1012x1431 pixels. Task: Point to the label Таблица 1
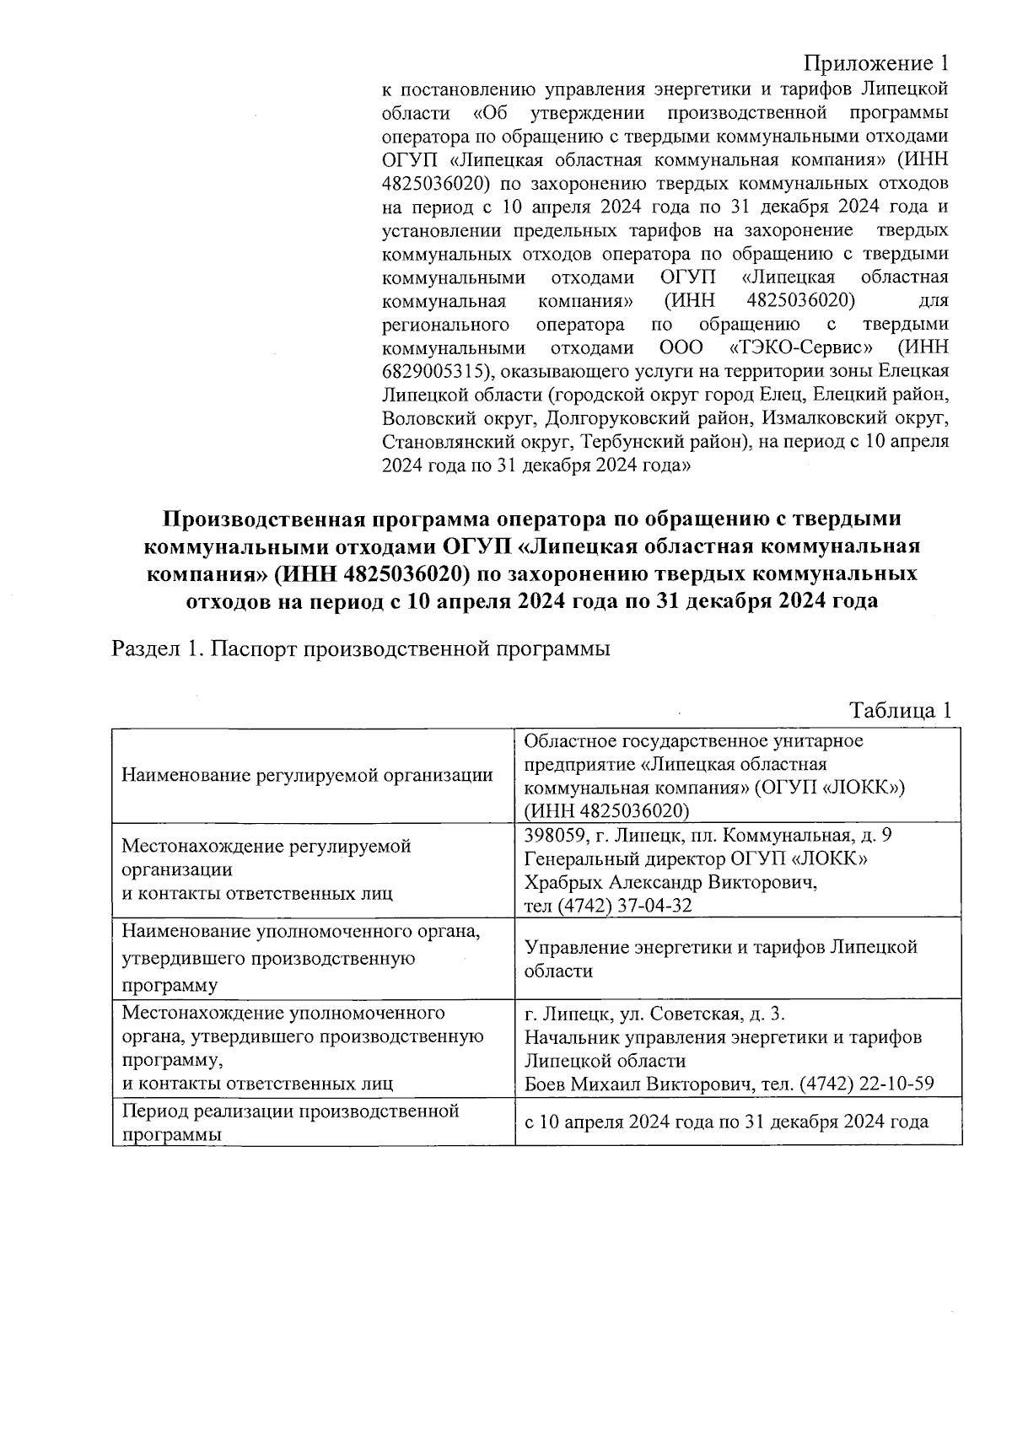[x=900, y=710]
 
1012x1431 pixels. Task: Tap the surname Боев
[x=544, y=1084]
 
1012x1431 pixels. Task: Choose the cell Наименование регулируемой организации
[x=307, y=775]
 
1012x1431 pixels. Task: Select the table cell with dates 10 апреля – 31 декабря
[x=726, y=1122]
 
